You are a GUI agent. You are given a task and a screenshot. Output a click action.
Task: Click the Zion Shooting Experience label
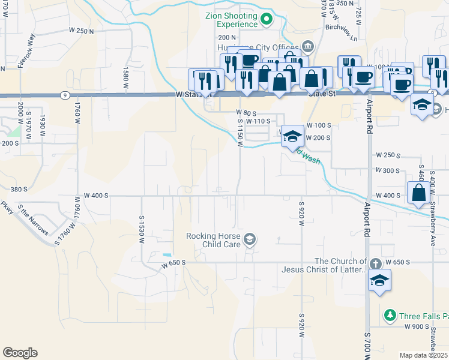click(232, 20)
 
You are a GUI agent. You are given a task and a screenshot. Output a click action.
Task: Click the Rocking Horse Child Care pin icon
click(250, 240)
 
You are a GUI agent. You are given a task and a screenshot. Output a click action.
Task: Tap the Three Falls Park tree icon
click(390, 315)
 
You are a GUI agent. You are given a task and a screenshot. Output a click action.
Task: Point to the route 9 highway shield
click(63, 95)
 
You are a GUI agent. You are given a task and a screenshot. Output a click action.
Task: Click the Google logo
click(20, 353)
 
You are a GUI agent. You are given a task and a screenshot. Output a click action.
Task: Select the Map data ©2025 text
click(423, 356)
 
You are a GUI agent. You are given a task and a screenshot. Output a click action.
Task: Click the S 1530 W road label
click(142, 229)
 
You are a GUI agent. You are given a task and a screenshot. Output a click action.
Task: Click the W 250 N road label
click(82, 31)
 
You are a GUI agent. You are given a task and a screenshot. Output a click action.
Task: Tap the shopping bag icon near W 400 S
click(419, 192)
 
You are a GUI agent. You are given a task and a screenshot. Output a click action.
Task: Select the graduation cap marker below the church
click(379, 281)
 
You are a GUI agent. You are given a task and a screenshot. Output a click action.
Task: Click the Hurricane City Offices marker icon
click(307, 47)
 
